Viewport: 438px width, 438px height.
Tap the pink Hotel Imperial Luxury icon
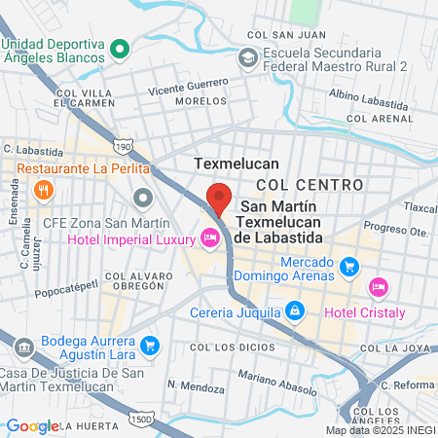click(209, 237)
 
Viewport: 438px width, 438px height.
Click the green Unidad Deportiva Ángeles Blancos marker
click(120, 47)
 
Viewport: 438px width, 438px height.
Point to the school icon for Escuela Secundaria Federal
click(247, 58)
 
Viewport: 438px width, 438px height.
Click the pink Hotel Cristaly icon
click(378, 287)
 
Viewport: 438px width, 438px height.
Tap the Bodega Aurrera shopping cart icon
click(149, 345)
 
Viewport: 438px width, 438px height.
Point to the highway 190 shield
click(123, 146)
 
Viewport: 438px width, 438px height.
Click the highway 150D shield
click(138, 419)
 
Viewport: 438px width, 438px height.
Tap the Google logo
click(32, 425)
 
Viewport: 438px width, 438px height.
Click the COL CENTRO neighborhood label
click(310, 184)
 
